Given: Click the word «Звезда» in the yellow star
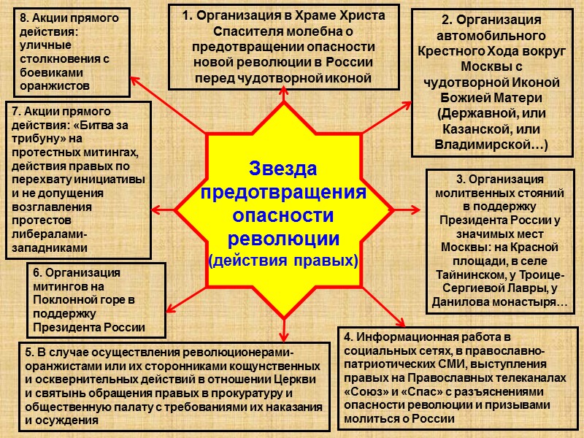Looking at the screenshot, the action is [283, 169].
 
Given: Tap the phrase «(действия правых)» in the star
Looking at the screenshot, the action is [283, 261].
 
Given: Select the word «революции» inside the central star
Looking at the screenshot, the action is [283, 239].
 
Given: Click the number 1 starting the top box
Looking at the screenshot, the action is [186, 15].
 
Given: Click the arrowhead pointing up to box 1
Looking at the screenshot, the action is [283, 92].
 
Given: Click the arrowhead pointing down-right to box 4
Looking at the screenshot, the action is [400, 321].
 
